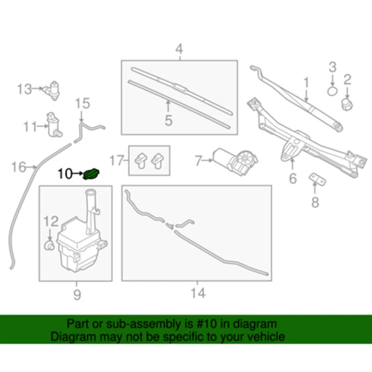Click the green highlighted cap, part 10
[92, 174]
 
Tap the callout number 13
[25, 89]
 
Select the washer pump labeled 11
[54, 125]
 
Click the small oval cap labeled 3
[332, 91]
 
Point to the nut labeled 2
[347, 104]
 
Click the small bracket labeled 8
[317, 179]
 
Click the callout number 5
[169, 120]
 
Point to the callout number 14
[198, 293]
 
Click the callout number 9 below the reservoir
[77, 295]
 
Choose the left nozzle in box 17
[141, 160]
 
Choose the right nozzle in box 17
[157, 160]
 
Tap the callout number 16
[19, 167]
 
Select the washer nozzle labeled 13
[51, 90]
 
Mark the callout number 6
[293, 178]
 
